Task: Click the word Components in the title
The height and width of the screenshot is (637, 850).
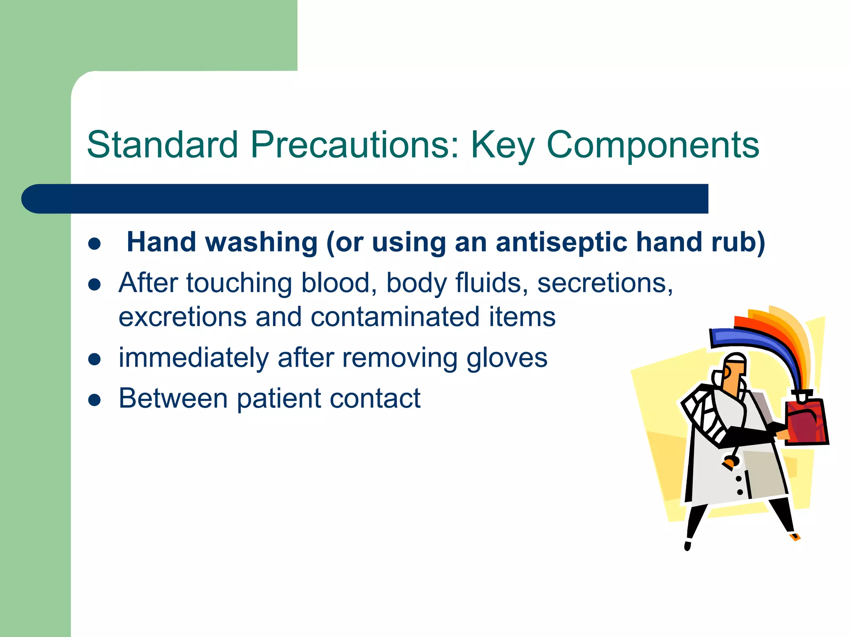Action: click(x=653, y=145)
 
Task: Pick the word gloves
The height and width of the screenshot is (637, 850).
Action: click(x=507, y=358)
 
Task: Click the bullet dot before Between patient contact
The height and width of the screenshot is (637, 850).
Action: click(x=95, y=400)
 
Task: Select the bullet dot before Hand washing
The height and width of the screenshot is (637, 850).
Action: click(x=95, y=243)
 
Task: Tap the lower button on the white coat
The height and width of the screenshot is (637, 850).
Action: click(x=740, y=492)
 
